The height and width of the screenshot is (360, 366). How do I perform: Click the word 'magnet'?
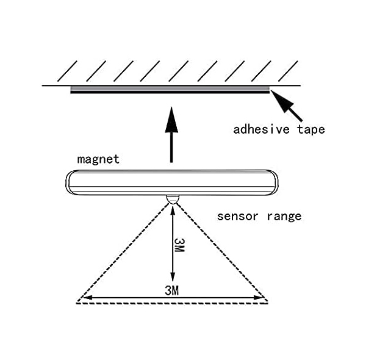[98, 159]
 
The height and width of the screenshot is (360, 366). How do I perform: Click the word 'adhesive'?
[262, 129]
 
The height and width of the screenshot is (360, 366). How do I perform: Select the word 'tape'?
[311, 129]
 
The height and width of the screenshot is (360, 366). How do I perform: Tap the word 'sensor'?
[237, 217]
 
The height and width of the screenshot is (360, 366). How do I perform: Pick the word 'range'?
[284, 217]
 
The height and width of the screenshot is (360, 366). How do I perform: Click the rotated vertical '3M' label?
[179, 245]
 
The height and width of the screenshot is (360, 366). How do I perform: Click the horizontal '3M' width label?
[172, 290]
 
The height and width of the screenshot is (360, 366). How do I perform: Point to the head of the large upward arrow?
[171, 120]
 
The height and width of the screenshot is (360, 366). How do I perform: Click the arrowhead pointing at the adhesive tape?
[281, 101]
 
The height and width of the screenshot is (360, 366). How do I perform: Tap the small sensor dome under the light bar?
[172, 200]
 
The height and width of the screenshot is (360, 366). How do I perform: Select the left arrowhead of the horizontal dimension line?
[87, 298]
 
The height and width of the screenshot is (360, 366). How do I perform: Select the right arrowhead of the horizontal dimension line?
[259, 298]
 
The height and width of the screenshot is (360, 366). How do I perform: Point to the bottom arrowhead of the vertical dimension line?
[173, 277]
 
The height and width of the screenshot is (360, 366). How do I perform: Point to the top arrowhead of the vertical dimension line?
[173, 210]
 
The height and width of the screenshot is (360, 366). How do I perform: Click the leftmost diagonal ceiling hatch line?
[67, 71]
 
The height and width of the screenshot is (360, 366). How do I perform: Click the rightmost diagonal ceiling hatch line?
[288, 71]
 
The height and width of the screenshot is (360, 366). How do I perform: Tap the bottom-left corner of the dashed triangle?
[77, 303]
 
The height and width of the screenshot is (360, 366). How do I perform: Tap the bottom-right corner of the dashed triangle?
[268, 303]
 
